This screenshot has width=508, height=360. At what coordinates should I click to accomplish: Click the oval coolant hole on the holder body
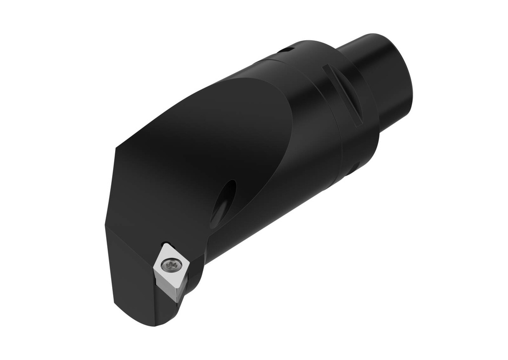pyautogui.click(x=223, y=204)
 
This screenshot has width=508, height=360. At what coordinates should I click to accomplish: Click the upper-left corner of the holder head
pyautogui.click(x=117, y=149)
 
